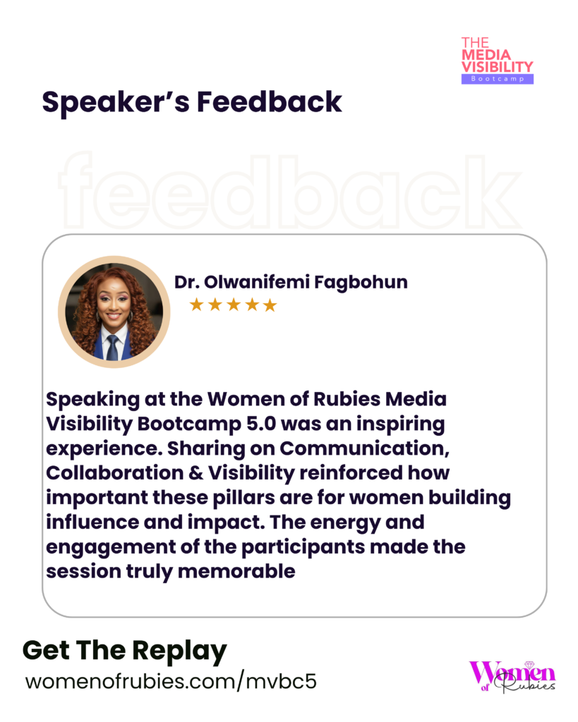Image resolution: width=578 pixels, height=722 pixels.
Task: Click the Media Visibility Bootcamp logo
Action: click(x=498, y=61)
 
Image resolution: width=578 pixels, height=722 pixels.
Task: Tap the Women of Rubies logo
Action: click(x=512, y=676)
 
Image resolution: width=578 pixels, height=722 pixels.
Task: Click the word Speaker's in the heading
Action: click(x=116, y=102)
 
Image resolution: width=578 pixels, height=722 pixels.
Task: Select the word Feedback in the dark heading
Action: click(x=270, y=102)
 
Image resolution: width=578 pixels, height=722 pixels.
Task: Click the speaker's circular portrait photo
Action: click(x=114, y=312)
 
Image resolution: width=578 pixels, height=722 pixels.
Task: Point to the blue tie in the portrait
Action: click(x=112, y=348)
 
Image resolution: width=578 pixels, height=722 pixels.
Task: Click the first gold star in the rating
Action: click(x=197, y=305)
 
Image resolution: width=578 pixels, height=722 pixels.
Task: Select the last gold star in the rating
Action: click(x=270, y=305)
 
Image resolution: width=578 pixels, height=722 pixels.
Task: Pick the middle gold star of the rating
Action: click(x=234, y=305)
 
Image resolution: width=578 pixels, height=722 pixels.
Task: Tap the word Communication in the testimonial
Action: click(x=364, y=448)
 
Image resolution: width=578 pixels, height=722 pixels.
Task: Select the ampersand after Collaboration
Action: click(x=195, y=473)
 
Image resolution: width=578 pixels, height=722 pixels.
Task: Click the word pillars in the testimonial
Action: click(x=245, y=498)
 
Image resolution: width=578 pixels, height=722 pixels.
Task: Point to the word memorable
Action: click(x=236, y=571)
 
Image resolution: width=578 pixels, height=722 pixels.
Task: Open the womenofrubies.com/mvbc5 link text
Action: click(x=171, y=682)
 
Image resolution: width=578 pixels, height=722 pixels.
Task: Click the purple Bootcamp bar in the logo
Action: click(x=498, y=79)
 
